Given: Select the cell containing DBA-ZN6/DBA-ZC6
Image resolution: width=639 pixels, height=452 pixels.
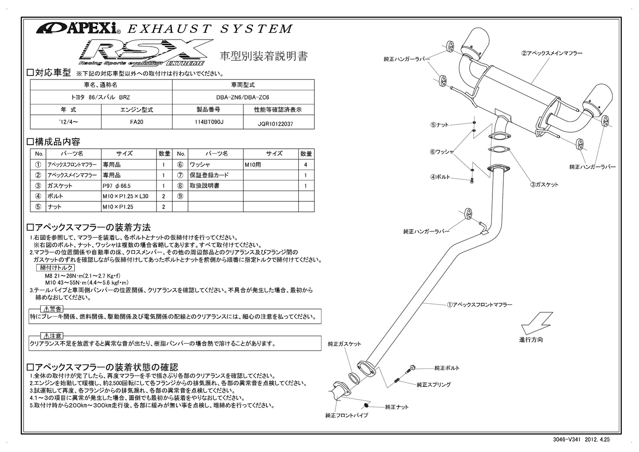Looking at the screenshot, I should click(x=243, y=97).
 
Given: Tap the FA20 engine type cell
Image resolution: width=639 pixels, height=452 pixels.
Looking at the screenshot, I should click(x=137, y=122).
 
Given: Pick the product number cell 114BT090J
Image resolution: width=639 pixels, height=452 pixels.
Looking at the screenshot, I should click(x=208, y=122).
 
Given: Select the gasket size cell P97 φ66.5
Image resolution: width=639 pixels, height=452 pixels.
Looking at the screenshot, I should click(x=117, y=186).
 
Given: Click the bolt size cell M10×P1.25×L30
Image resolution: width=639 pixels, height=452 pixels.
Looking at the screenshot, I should click(x=125, y=196).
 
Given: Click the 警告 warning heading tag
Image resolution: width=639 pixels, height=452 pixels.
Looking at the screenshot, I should click(x=52, y=309).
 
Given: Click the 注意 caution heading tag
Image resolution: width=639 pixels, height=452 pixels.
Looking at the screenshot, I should click(x=52, y=336).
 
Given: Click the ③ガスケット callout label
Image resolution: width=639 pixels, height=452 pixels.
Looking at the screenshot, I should click(x=544, y=185).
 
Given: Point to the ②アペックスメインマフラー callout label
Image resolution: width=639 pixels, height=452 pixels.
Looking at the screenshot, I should click(x=552, y=53).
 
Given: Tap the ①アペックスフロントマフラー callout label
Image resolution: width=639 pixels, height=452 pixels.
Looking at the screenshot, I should click(x=479, y=305).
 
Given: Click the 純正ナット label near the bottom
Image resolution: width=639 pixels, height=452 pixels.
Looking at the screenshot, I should click(x=397, y=407).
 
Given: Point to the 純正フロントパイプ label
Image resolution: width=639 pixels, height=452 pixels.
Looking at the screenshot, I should click(x=347, y=415).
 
